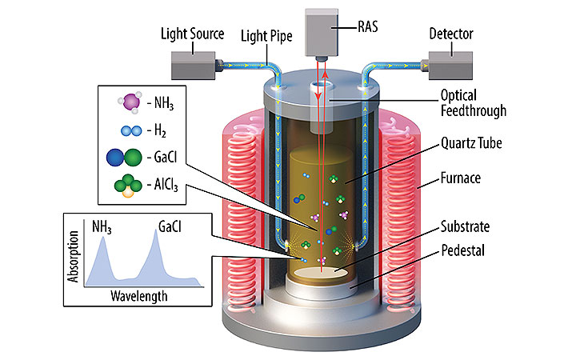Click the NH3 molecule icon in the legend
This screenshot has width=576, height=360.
(x=129, y=102)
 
